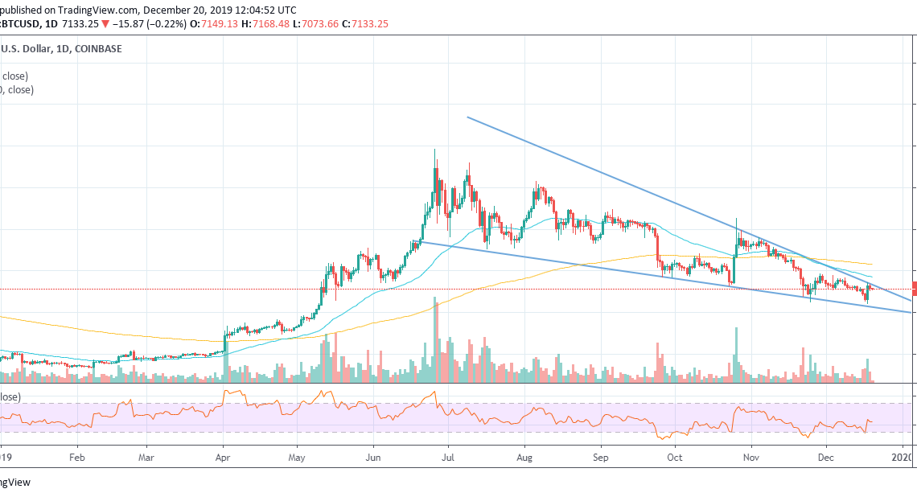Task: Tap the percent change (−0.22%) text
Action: tap(167, 24)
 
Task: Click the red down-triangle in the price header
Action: tap(105, 24)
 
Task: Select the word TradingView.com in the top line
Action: tap(97, 10)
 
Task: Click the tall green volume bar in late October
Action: tap(736, 354)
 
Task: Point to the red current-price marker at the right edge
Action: tap(914, 288)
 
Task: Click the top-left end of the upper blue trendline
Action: tap(467, 117)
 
